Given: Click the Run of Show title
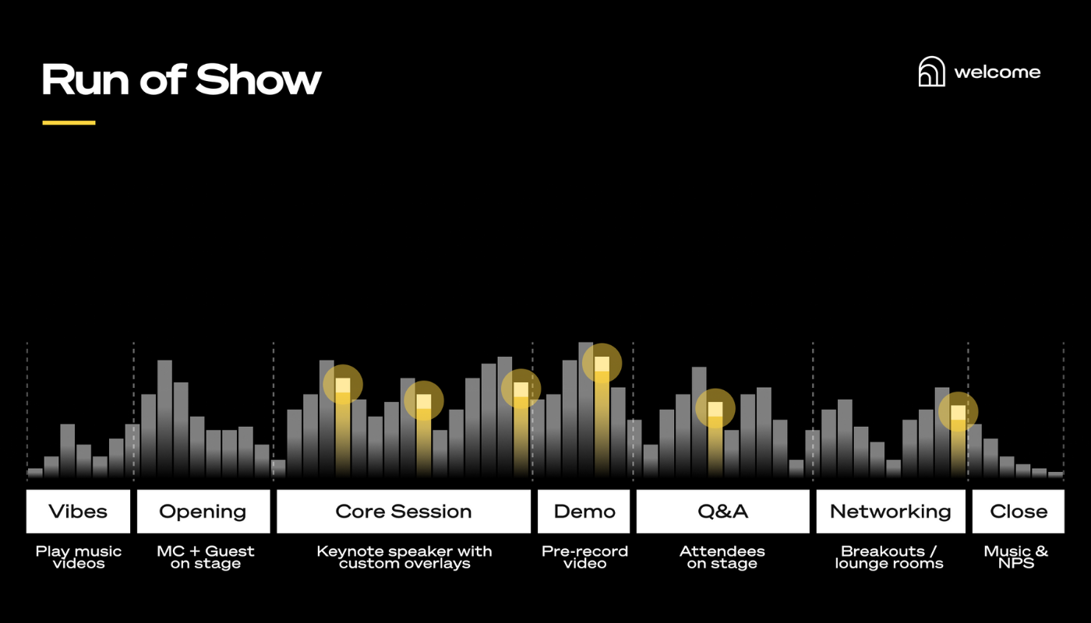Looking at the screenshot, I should pyautogui.click(x=181, y=79).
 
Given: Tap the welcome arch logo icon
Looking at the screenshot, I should pyautogui.click(x=931, y=72).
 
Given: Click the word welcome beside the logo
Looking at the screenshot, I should pyautogui.click(x=997, y=72).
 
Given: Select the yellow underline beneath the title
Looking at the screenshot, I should pyautogui.click(x=69, y=122).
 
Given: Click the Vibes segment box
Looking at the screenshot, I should pyautogui.click(x=78, y=512).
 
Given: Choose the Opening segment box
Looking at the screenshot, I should pyautogui.click(x=203, y=512).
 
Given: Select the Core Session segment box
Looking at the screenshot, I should pyautogui.click(x=404, y=512).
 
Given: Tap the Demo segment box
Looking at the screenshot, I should pyautogui.click(x=584, y=512).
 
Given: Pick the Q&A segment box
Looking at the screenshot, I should pyautogui.click(x=722, y=512).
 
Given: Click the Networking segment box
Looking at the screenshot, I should pyautogui.click(x=890, y=512).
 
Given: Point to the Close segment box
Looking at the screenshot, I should pyautogui.click(x=1018, y=512).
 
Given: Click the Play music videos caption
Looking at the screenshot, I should pyautogui.click(x=79, y=557).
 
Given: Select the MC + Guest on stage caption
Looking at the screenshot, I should pyautogui.click(x=206, y=557).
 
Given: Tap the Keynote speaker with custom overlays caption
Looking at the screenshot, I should pyautogui.click(x=404, y=557).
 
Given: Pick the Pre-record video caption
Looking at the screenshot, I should pyautogui.click(x=584, y=557).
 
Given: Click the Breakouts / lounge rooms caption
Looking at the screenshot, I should pyautogui.click(x=889, y=557).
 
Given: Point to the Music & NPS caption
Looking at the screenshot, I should pyautogui.click(x=1016, y=557).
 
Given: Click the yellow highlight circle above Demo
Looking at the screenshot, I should pyautogui.click(x=602, y=363).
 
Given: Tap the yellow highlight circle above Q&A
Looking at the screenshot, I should pyautogui.click(x=715, y=409).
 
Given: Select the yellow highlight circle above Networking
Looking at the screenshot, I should pyautogui.click(x=958, y=412).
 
